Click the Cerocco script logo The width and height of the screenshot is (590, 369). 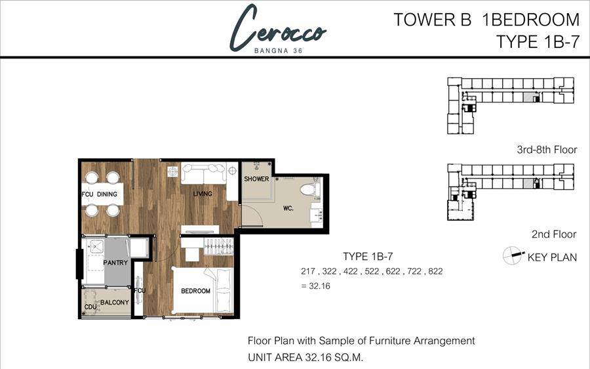pyautogui.click(x=278, y=28)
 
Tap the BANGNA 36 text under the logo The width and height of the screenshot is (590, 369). pyautogui.click(x=278, y=51)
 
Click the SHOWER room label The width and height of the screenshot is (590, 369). pyautogui.click(x=256, y=179)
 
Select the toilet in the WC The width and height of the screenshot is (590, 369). pyautogui.click(x=310, y=189)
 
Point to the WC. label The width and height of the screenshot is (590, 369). pyautogui.click(x=288, y=207)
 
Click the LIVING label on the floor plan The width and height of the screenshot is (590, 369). pyautogui.click(x=203, y=193)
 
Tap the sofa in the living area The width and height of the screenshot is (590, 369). pyautogui.click(x=204, y=173)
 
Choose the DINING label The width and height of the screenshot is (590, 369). pyautogui.click(x=107, y=194)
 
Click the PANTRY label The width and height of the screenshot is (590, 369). pyautogui.click(x=115, y=263)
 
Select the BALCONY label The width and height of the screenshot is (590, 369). pyautogui.click(x=115, y=302)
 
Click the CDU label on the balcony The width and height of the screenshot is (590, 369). pyautogui.click(x=90, y=307)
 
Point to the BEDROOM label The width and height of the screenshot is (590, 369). pyautogui.click(x=195, y=291)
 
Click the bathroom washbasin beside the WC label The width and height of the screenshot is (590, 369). pyautogui.click(x=316, y=215)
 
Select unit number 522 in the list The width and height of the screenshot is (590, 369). pyautogui.click(x=372, y=271)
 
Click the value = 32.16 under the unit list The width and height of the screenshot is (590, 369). pyautogui.click(x=316, y=286)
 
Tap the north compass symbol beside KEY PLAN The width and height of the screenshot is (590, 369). pyautogui.click(x=513, y=255)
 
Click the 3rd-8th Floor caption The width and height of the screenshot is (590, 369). pyautogui.click(x=547, y=150)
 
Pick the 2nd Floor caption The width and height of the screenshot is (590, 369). pyautogui.click(x=554, y=234)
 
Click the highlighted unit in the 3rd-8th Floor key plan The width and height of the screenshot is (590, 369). pyautogui.click(x=529, y=97)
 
